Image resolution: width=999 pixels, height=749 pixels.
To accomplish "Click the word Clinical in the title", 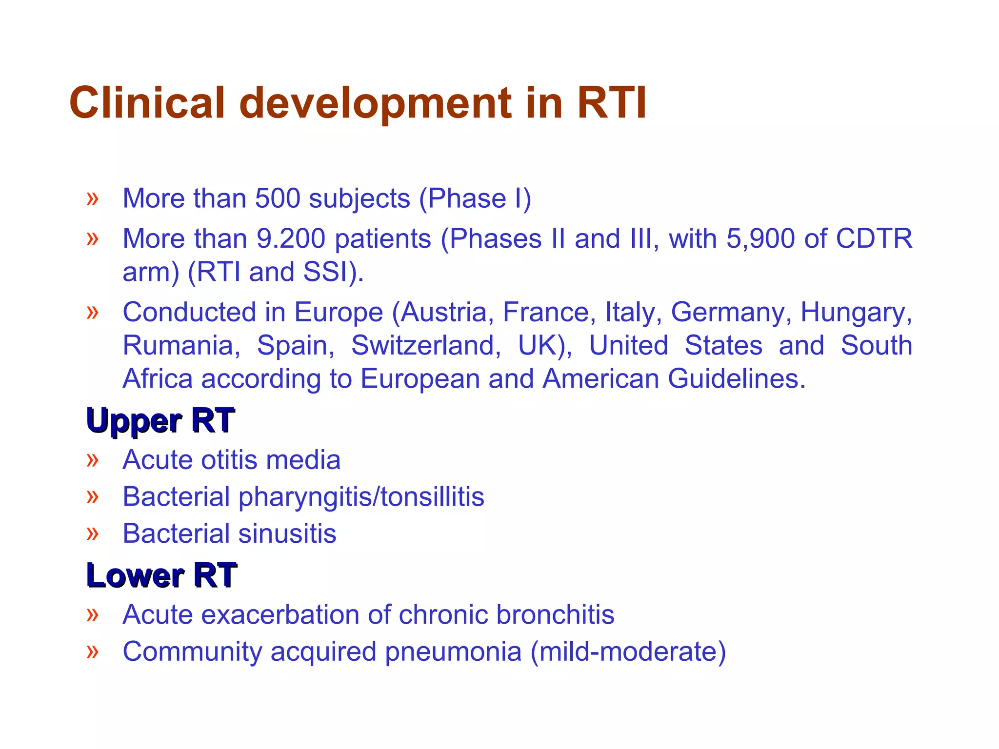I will click(147, 103).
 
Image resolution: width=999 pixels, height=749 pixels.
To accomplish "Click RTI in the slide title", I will click(612, 103).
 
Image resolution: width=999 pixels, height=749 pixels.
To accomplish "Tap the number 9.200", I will click(291, 239).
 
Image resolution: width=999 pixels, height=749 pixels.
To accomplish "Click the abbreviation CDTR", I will click(874, 239).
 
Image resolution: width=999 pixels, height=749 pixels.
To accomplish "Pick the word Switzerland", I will click(425, 346).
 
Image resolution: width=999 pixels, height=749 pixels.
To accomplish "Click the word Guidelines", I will click(737, 379).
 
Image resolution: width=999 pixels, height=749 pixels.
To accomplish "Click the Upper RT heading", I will click(160, 420).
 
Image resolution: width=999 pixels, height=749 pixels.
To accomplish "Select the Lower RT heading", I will click(161, 575).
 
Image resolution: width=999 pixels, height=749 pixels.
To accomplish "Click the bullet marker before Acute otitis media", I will click(92, 460).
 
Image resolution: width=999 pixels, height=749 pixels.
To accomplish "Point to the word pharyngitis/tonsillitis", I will click(361, 497).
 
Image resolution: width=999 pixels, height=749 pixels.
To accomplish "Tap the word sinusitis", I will click(287, 533).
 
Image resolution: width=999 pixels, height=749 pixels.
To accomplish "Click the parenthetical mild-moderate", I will click(628, 652).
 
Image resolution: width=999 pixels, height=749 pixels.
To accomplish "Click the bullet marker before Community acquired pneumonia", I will click(92, 652).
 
